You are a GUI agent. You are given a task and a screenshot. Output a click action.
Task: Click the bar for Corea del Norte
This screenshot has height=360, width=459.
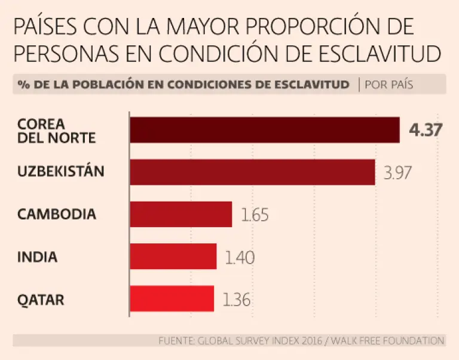point(264,130)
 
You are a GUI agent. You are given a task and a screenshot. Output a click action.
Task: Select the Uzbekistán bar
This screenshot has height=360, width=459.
point(252,172)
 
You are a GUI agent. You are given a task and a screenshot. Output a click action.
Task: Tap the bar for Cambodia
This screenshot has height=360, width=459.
point(180,214)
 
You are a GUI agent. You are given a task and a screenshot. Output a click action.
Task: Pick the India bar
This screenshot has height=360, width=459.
point(173,257)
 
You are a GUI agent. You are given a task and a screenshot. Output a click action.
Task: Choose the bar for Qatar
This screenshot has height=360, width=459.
point(172,298)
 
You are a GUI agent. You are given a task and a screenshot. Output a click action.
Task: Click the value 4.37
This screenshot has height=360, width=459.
point(426,130)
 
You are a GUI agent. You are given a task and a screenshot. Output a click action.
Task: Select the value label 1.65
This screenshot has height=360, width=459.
point(255,215)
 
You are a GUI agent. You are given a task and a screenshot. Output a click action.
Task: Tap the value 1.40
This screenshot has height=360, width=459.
point(240,258)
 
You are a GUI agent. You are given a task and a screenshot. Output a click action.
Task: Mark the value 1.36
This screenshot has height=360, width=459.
point(237,299)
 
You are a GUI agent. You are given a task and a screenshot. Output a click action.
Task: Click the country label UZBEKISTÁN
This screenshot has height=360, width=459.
point(61,172)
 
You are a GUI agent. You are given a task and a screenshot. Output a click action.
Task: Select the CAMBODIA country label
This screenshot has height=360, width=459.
point(57,214)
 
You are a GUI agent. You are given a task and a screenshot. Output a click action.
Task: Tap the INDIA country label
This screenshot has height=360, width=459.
point(38,257)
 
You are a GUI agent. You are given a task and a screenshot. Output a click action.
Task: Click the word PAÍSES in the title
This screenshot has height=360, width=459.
point(45,26)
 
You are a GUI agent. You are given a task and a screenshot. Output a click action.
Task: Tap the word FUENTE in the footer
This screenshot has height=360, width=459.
point(176,340)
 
